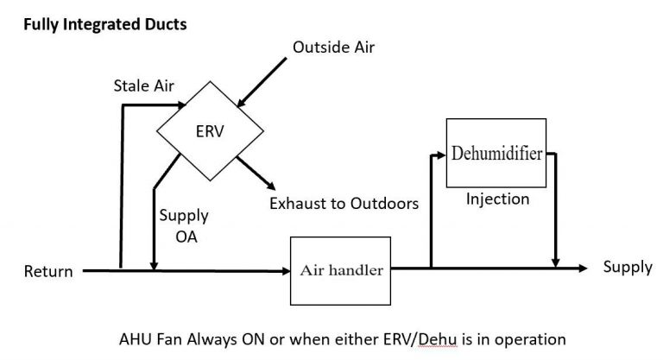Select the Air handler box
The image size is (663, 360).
[x=341, y=269]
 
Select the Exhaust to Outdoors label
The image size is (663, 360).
[x=344, y=205]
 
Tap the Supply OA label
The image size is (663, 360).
[x=182, y=226]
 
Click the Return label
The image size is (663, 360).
[x=47, y=272]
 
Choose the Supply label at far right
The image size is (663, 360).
[x=628, y=267]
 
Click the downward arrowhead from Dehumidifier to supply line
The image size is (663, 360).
[x=559, y=262]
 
